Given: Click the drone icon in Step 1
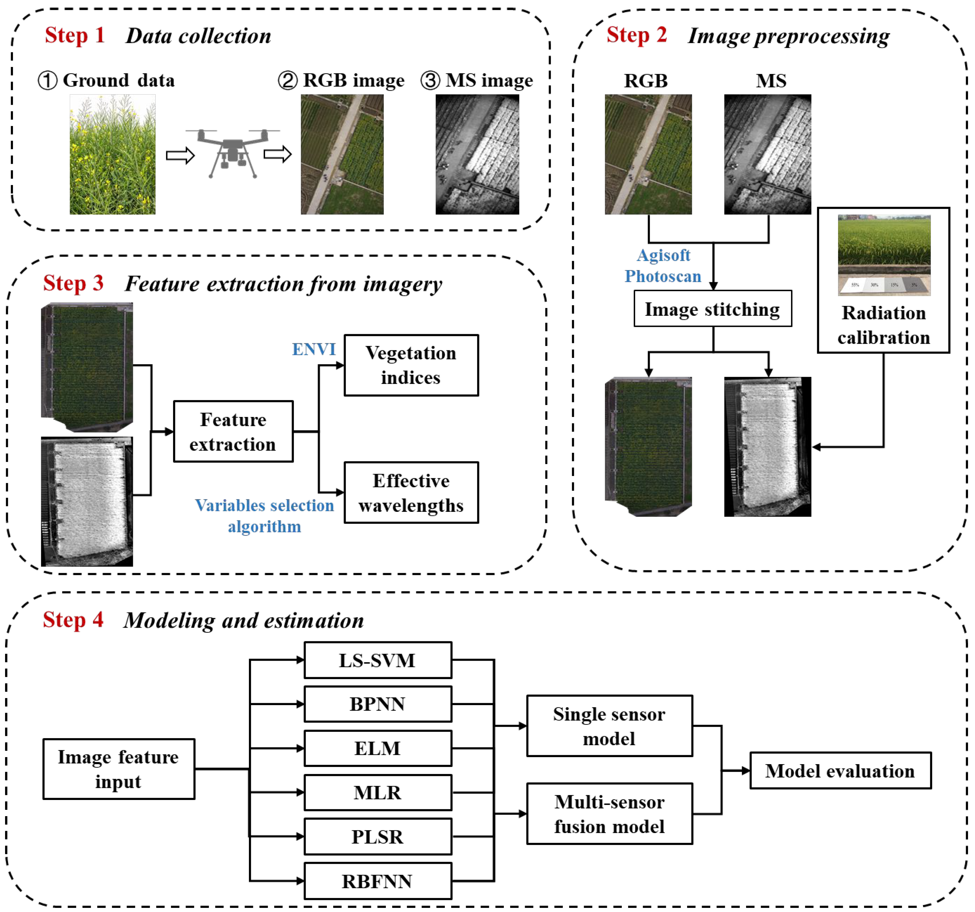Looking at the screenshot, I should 232,153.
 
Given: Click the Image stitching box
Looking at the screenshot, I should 712,309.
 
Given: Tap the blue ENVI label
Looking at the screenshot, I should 314,349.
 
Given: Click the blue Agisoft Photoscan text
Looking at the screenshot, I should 663,266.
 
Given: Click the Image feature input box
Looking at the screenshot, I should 118,769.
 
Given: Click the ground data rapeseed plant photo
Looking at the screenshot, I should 112,154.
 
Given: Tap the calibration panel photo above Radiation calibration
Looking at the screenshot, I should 884,255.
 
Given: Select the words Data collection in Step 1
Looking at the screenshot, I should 198,36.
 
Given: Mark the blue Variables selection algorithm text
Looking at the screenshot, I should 264,515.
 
